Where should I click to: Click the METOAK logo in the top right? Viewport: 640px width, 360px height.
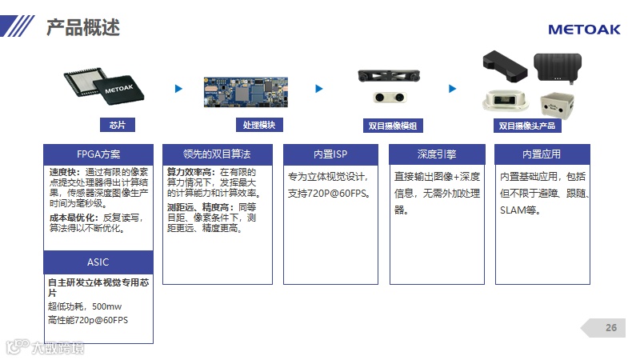(584, 30)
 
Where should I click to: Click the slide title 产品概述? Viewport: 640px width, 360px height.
(83, 29)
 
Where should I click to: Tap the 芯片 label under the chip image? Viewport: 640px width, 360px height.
(118, 125)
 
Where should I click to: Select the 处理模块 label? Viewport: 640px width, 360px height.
(258, 125)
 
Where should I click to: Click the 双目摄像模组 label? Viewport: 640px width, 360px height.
(393, 126)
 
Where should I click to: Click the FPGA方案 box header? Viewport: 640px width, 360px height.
(98, 154)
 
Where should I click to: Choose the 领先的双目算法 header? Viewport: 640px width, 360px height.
(217, 154)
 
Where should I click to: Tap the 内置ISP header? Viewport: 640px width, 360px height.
(331, 154)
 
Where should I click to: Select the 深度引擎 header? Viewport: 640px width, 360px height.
(437, 154)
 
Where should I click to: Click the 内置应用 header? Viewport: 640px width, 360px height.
(542, 154)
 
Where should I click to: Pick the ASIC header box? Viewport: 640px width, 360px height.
(98, 262)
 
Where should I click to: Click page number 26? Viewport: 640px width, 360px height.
(611, 328)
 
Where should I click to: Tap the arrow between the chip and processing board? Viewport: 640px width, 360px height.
(179, 89)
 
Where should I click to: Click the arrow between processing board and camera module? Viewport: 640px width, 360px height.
(319, 89)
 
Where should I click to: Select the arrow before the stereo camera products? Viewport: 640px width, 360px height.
(452, 89)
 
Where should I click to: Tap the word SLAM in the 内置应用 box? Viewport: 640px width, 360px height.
(512, 210)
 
